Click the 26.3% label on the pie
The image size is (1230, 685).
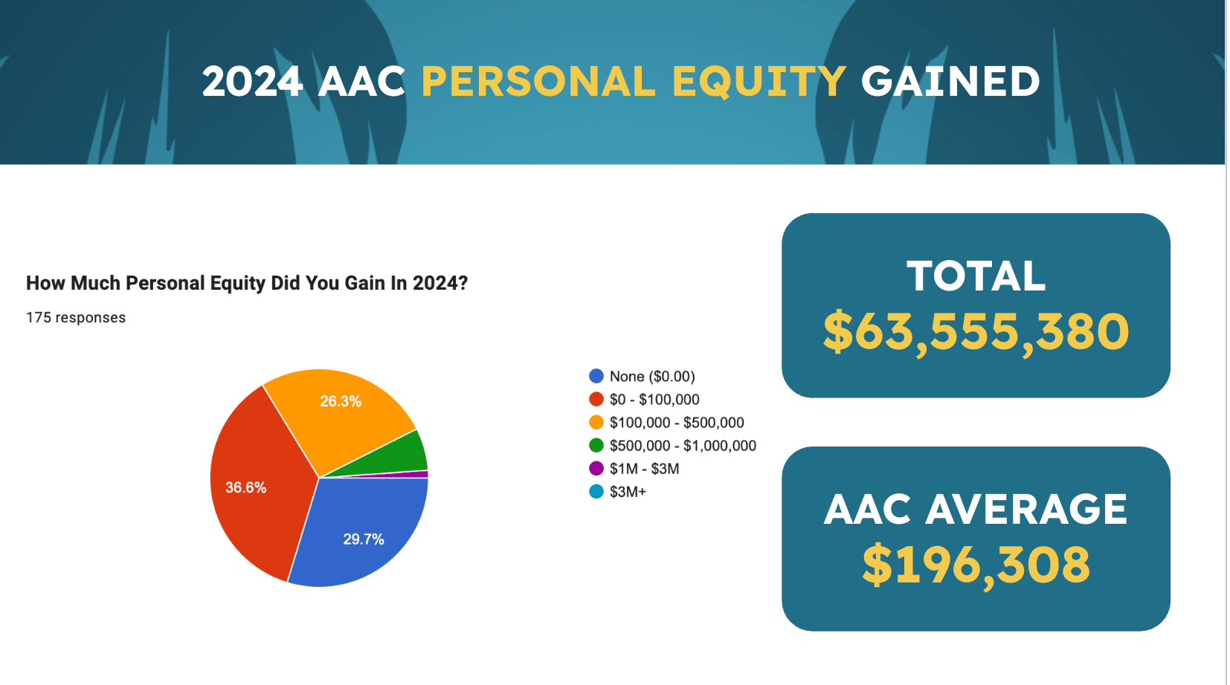click(341, 401)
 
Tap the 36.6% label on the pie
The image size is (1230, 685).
click(246, 487)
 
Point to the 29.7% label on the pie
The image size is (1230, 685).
click(364, 539)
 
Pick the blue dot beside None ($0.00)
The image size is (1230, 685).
click(596, 376)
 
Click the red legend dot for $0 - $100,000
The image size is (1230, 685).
click(596, 399)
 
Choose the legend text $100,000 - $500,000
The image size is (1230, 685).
click(677, 422)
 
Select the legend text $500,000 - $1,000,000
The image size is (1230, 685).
click(683, 445)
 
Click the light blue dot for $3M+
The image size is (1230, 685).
click(596, 491)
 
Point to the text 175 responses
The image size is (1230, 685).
click(76, 317)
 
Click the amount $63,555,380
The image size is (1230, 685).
click(976, 332)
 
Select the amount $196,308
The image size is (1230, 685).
click(976, 565)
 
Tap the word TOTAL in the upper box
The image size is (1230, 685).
click(976, 276)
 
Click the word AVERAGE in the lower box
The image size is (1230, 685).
click(1025, 509)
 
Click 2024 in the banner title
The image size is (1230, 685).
click(252, 82)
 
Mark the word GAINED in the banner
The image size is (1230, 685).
click(950, 81)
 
